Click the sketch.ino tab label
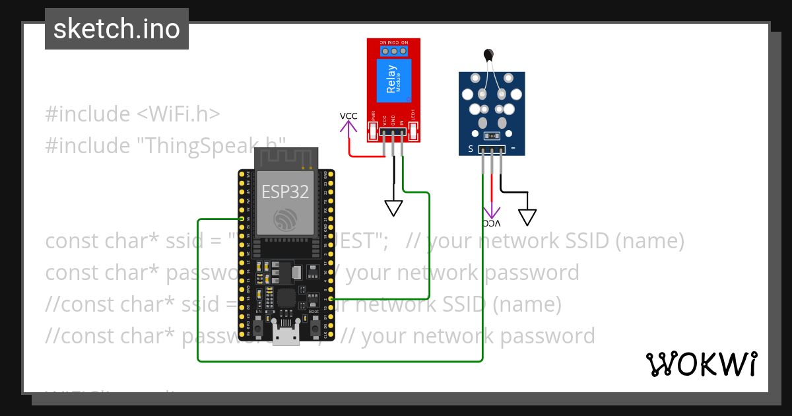pos(117,29)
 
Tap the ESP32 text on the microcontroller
pos(286,191)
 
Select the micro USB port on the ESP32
pos(286,336)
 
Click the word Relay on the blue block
pos(391,79)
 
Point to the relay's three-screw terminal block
pos(394,50)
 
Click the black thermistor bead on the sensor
pos(488,56)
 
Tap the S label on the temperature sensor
pos(471,149)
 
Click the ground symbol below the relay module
pos(394,209)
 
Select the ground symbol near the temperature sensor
pos(527,217)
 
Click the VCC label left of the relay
pos(348,116)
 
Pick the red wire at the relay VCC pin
pos(366,156)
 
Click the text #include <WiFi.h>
pos(132,114)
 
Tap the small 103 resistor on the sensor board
pos(492,136)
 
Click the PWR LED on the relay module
pos(374,132)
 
